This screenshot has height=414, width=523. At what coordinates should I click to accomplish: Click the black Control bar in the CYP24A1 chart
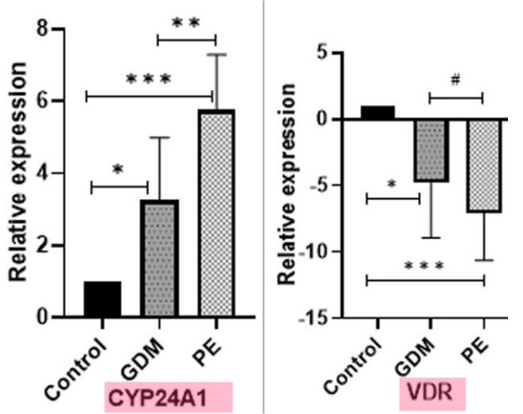[x=102, y=299]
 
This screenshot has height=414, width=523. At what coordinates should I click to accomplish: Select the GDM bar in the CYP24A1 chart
[x=161, y=258]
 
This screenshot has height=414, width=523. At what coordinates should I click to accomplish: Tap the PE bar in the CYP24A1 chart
[x=216, y=213]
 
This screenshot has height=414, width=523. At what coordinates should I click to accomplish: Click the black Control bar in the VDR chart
[x=378, y=112]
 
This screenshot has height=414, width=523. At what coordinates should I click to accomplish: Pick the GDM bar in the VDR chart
[x=431, y=150]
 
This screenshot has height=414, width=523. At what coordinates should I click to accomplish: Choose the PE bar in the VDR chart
[x=483, y=165]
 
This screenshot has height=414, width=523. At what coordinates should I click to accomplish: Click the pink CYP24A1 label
[x=165, y=394]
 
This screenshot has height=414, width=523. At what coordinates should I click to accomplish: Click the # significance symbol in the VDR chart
[x=455, y=81]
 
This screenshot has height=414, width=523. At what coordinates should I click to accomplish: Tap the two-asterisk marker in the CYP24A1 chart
[x=187, y=23]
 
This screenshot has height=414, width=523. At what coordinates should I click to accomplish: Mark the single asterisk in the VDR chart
[x=391, y=183]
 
